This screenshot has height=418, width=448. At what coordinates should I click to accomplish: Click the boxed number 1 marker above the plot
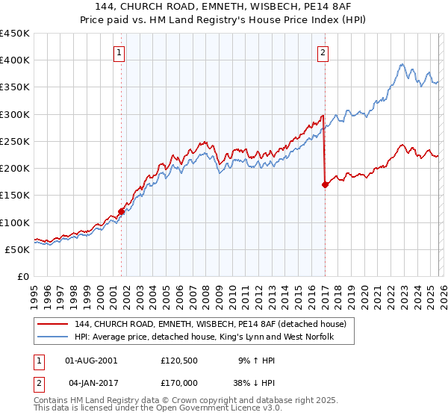(x=120, y=52)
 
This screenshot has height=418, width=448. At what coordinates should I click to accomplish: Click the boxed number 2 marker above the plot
(x=323, y=52)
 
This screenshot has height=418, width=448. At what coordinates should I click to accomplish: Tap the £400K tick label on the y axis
(x=16, y=60)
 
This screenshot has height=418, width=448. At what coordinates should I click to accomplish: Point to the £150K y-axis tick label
(x=16, y=195)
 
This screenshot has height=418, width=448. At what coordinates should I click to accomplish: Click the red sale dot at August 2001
(x=121, y=211)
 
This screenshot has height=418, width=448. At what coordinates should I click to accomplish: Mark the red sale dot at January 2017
(x=325, y=185)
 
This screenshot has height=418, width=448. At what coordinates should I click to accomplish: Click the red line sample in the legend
(x=54, y=325)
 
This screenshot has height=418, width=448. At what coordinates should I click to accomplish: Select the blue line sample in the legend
(x=54, y=338)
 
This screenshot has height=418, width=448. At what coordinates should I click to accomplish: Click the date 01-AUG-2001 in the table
(x=91, y=360)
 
